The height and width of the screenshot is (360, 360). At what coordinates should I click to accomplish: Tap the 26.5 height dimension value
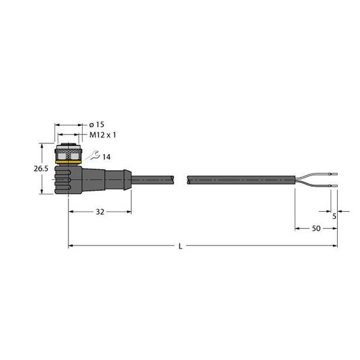40,169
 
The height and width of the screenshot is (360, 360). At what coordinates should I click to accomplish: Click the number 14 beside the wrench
106,157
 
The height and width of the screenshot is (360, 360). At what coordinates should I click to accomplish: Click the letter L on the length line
181,246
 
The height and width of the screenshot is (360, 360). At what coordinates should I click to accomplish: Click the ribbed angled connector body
71,179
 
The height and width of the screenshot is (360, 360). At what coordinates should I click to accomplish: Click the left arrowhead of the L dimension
71,245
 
